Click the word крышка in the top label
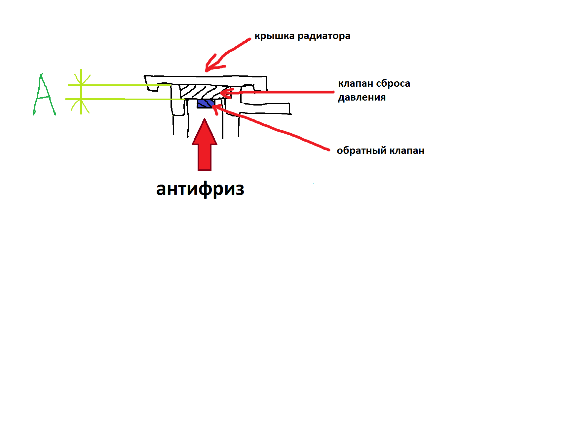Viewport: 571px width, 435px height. pos(274,36)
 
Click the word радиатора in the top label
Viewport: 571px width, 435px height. pos(324,36)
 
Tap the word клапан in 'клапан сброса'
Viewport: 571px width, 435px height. pos(356,83)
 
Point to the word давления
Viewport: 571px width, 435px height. pos(362,98)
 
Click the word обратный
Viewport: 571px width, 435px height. pos(362,151)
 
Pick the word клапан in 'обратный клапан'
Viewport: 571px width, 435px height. pos(407,151)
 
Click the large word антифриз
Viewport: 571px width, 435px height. pos(200,189)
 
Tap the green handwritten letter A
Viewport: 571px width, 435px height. pos(44,95)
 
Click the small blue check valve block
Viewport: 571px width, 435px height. pos(206,104)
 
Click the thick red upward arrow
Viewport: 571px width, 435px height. pos(205,145)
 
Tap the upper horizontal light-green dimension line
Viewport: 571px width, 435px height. pos(119,85)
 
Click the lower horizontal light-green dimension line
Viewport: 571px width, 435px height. pos(125,99)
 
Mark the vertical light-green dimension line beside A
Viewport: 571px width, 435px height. pos(81,92)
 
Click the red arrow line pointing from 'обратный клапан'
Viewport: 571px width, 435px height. pos(271,127)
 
